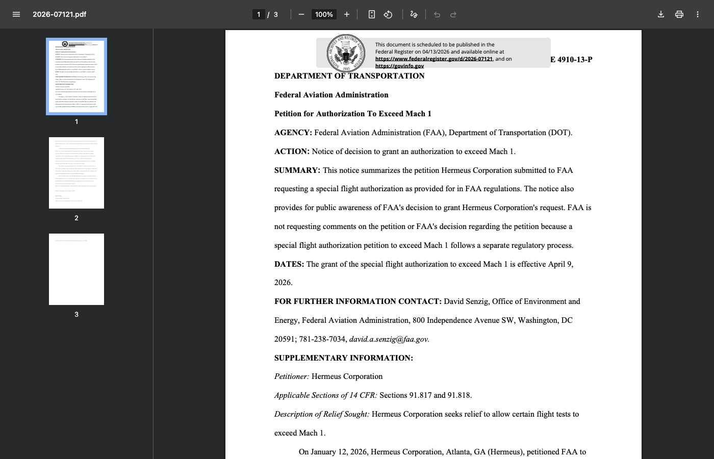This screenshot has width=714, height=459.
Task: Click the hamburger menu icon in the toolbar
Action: [x=16, y=14]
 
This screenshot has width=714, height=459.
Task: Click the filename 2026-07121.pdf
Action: [x=59, y=14]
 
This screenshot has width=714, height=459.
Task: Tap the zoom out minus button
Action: [x=301, y=14]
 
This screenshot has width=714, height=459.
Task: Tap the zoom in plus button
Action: [x=347, y=14]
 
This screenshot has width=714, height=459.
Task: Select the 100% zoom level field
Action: [x=324, y=14]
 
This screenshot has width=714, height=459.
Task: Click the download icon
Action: [x=661, y=14]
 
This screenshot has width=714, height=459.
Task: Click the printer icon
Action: [x=679, y=14]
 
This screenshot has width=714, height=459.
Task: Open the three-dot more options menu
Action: [x=698, y=14]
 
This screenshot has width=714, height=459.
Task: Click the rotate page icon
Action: [x=388, y=14]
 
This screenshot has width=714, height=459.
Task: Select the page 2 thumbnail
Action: [x=76, y=173]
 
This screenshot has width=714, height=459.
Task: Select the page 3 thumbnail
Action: [x=76, y=269]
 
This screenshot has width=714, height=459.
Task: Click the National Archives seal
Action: [x=346, y=53]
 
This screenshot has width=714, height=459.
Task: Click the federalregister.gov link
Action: [x=434, y=59]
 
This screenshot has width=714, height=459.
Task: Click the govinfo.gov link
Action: [x=399, y=66]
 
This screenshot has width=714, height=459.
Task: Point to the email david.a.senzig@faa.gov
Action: [x=389, y=339]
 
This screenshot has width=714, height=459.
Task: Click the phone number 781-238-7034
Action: [x=323, y=339]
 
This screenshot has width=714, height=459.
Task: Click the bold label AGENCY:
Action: [x=293, y=133]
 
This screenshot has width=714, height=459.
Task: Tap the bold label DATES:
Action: [x=289, y=264]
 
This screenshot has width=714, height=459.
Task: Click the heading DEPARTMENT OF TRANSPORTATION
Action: [x=349, y=76]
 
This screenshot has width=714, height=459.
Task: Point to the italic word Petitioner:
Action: [x=292, y=376]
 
